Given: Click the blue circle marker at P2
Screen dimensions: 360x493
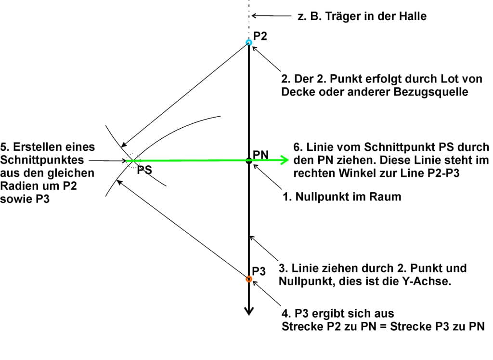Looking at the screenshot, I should (249, 42).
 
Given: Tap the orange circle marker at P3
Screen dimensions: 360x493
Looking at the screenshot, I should (249, 279).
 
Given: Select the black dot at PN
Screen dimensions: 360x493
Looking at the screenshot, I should (249, 160).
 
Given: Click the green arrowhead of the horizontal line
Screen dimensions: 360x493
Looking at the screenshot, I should (285, 160).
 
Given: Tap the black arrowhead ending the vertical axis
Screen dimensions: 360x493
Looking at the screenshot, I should (248, 311).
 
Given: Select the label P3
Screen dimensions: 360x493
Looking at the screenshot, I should (259, 271).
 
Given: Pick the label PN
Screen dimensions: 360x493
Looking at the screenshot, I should (260, 154).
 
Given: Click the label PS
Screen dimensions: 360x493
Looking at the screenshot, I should (144, 170).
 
